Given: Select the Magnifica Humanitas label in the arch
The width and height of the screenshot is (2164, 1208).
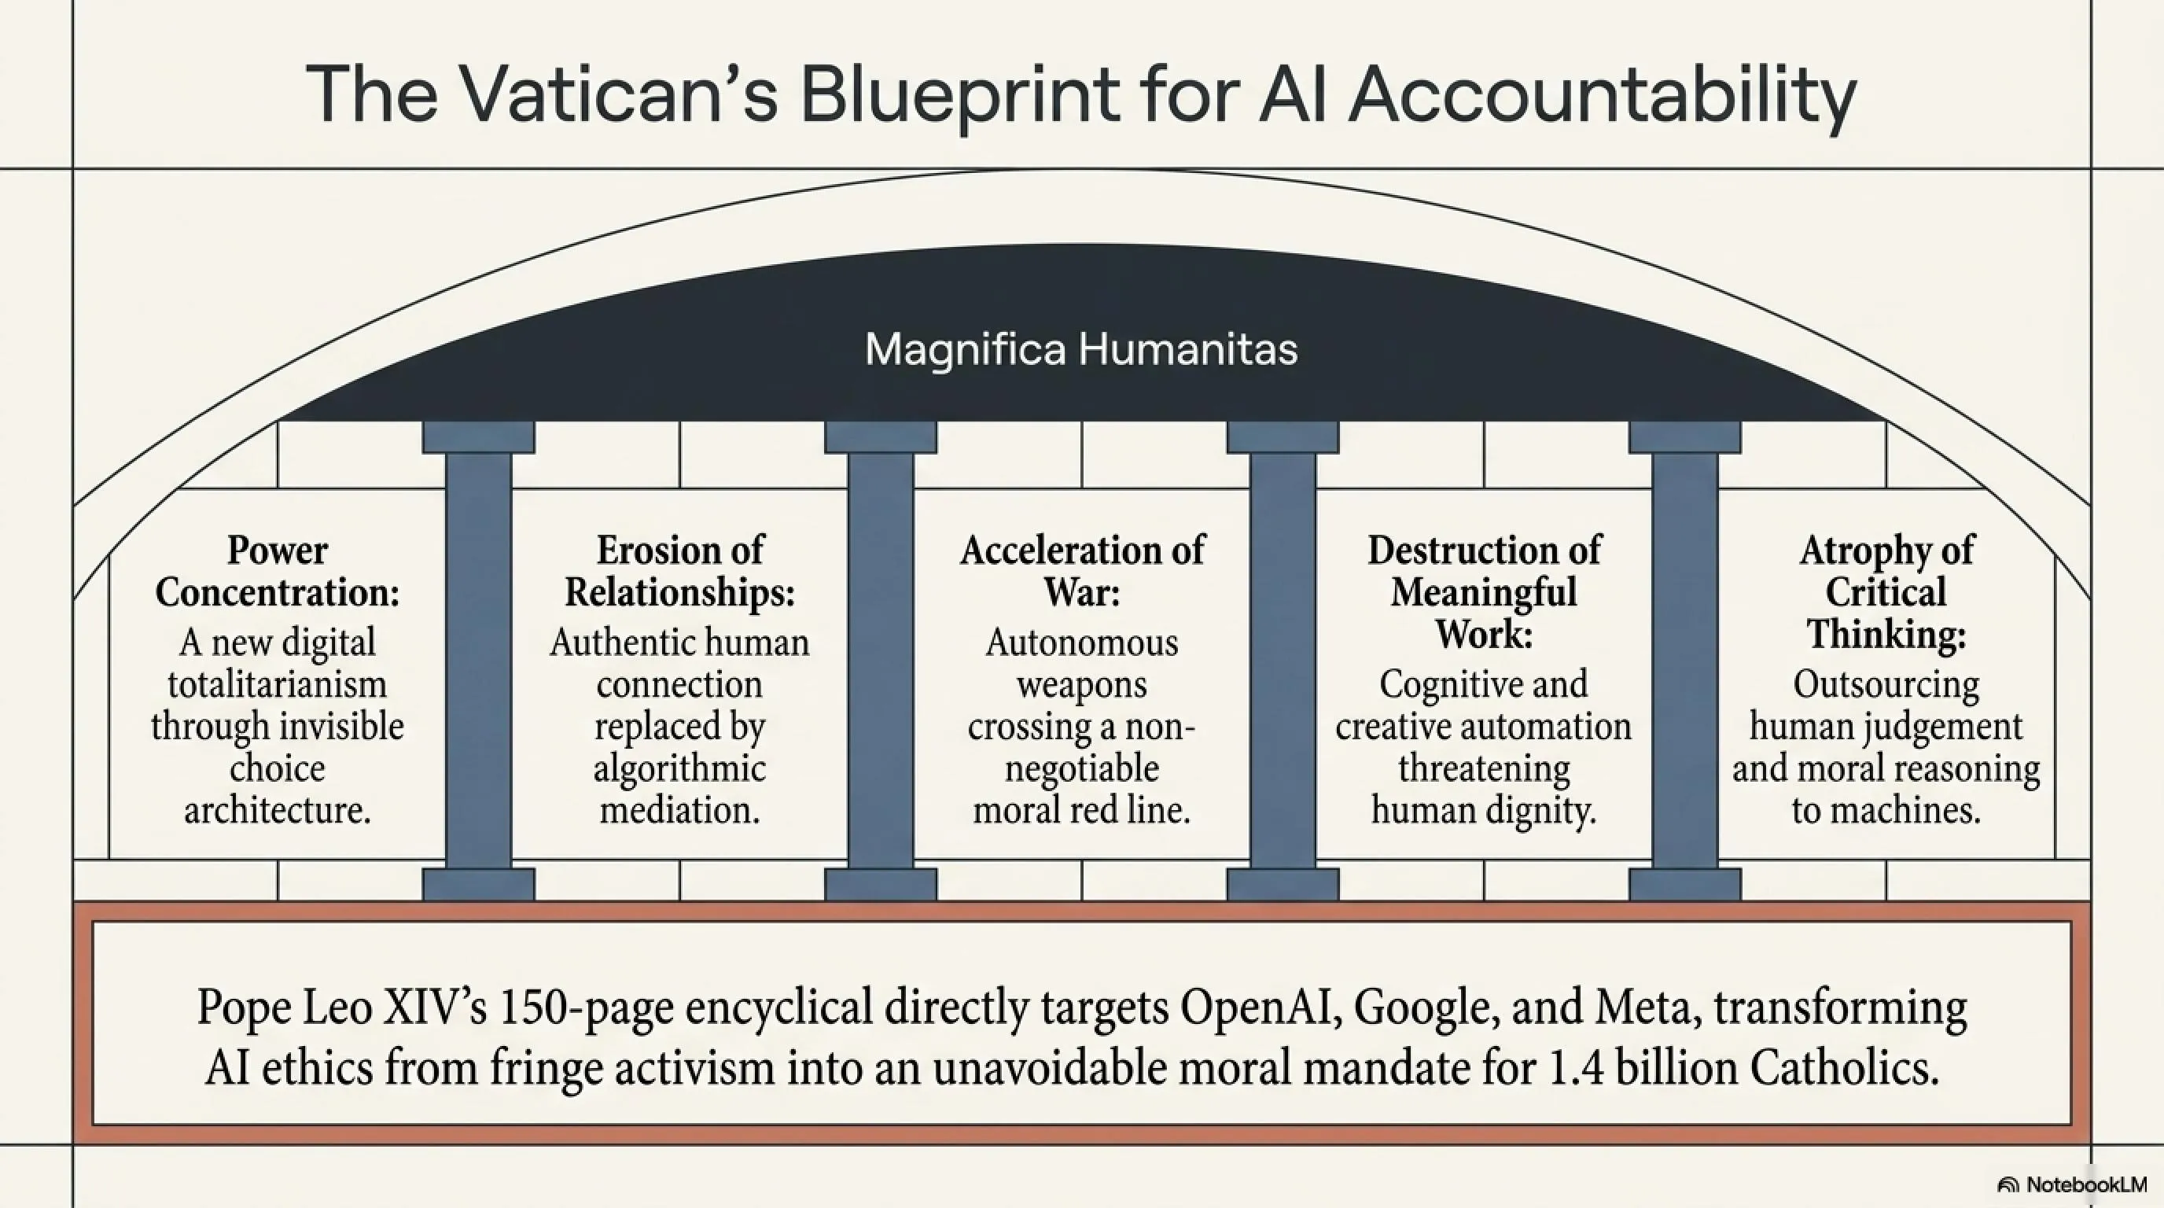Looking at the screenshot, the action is (1081, 349).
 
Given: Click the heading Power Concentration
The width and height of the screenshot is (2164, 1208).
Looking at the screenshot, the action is (278, 571).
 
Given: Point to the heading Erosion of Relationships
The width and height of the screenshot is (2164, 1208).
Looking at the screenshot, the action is (679, 571).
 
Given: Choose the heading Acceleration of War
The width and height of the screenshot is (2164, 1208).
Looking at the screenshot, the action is (1082, 571).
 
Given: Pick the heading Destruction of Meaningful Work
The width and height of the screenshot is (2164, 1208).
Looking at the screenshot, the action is (1484, 591).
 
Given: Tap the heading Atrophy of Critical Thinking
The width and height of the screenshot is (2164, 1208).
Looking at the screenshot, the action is (1886, 591).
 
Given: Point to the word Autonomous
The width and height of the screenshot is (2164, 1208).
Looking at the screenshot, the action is (1082, 643).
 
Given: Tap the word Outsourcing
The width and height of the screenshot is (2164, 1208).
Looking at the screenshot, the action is (1886, 686).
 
